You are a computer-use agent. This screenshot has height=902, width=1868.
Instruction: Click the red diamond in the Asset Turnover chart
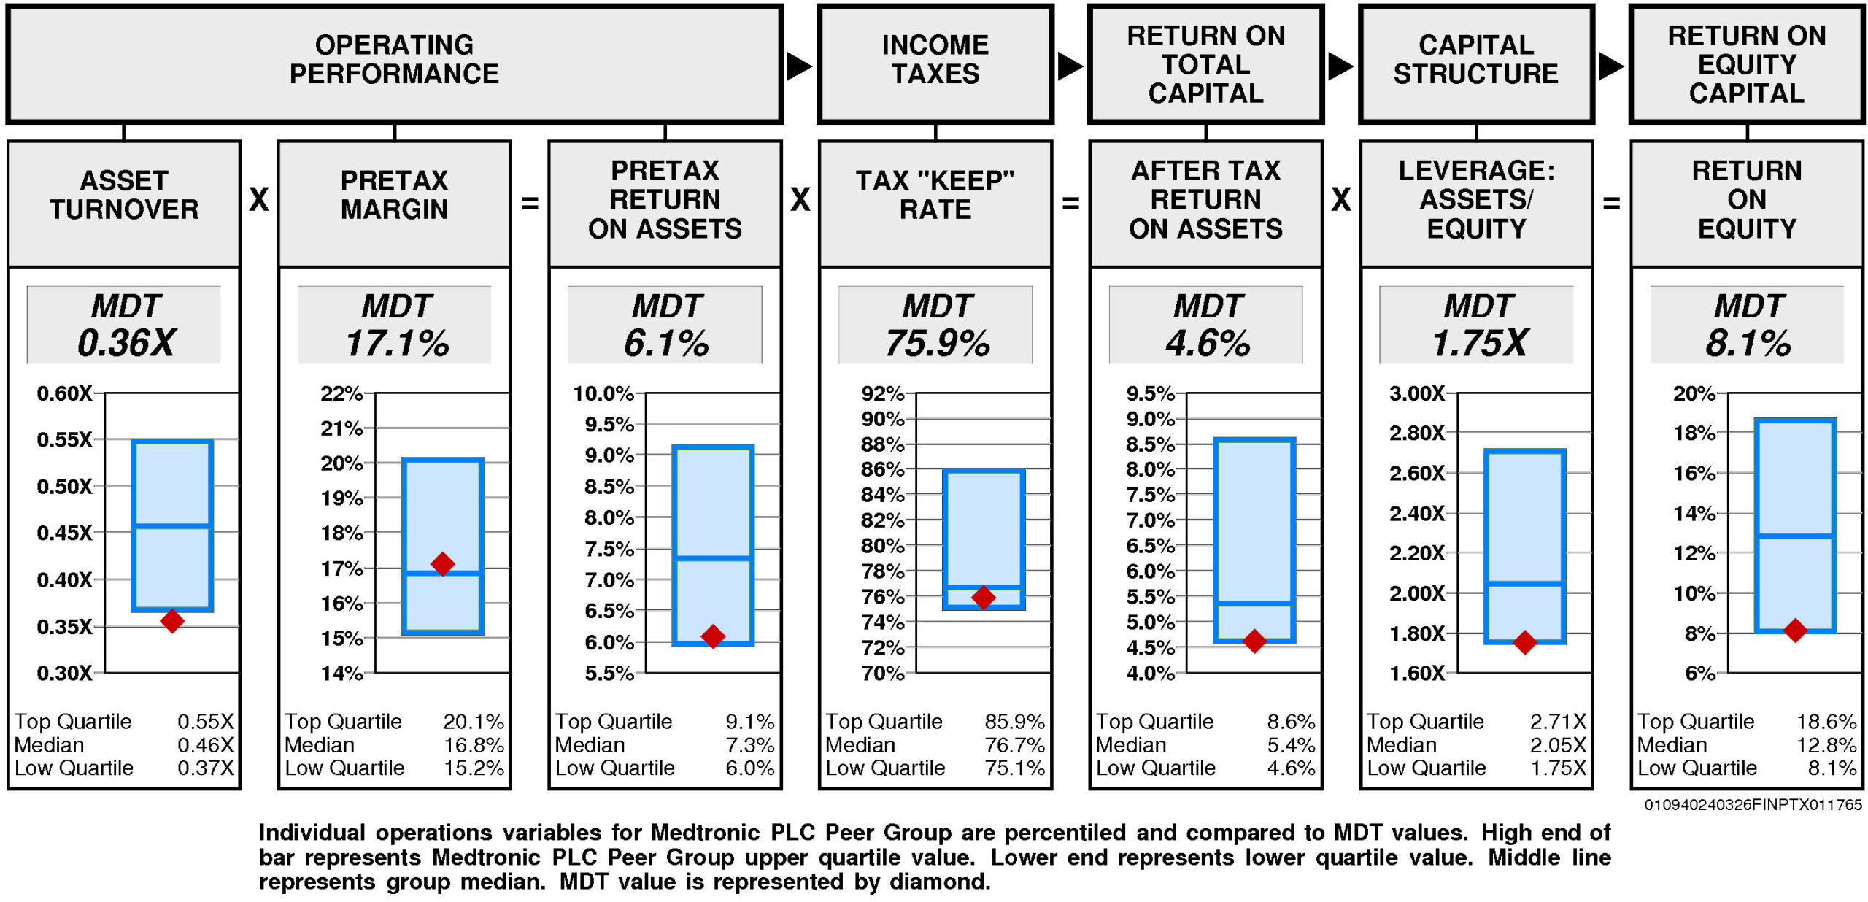pyautogui.click(x=172, y=621)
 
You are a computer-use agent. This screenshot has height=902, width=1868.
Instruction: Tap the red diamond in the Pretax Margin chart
pyautogui.click(x=443, y=563)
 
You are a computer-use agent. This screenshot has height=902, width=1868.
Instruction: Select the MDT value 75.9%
pyautogui.click(x=937, y=343)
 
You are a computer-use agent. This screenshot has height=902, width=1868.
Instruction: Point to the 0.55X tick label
pyautogui.click(x=64, y=439)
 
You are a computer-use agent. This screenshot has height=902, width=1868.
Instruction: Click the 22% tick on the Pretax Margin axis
pyautogui.click(x=341, y=393)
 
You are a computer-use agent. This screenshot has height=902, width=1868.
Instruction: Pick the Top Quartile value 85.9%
pyautogui.click(x=1014, y=722)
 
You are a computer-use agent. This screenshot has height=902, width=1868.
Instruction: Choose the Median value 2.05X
pyautogui.click(x=1558, y=745)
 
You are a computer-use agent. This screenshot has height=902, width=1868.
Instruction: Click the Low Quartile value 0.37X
pyautogui.click(x=206, y=768)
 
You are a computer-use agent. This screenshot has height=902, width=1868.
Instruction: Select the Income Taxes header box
pyautogui.click(x=935, y=63)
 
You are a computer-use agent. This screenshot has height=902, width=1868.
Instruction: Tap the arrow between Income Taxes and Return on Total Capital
pyautogui.click(x=1070, y=66)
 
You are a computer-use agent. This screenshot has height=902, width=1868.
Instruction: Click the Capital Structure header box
pyautogui.click(x=1475, y=63)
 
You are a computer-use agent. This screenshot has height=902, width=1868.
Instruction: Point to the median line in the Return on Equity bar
pyautogui.click(x=1795, y=536)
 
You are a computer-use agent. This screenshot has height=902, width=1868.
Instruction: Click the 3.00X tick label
pyautogui.click(x=1416, y=393)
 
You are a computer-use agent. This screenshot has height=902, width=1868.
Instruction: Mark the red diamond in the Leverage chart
pyautogui.click(x=1525, y=642)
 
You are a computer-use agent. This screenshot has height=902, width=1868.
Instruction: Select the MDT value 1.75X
pyautogui.click(x=1478, y=343)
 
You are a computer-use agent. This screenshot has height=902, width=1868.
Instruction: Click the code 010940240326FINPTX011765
pyautogui.click(x=1753, y=804)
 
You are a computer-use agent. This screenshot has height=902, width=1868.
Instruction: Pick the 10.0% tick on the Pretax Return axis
pyautogui.click(x=603, y=393)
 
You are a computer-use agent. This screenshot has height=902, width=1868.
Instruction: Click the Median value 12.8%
pyautogui.click(x=1826, y=745)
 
